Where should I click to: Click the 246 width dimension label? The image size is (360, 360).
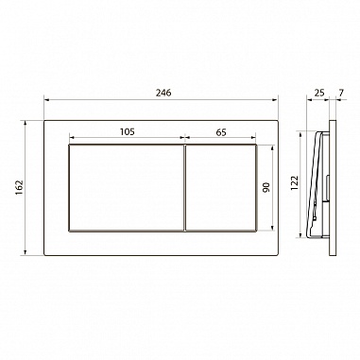pyautogui.click(x=163, y=93)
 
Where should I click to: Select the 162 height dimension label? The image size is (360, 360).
pyautogui.click(x=20, y=187)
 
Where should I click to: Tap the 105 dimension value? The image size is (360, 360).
pyautogui.click(x=127, y=131)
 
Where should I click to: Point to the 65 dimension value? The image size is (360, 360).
pyautogui.click(x=221, y=132)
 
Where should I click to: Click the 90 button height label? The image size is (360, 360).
pyautogui.click(x=266, y=188)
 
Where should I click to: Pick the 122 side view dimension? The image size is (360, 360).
pyautogui.click(x=295, y=183)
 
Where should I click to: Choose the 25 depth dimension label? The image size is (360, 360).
pyautogui.click(x=319, y=93)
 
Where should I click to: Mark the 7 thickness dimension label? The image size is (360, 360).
pyautogui.click(x=342, y=93)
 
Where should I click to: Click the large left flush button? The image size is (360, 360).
pyautogui.click(x=126, y=188)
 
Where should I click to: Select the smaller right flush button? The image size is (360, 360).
pyautogui.click(x=221, y=188)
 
